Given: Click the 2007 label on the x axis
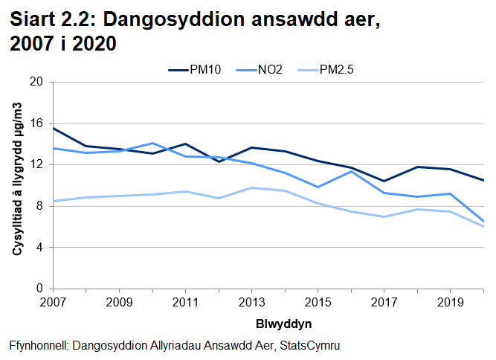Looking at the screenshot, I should pyautogui.click(x=53, y=303).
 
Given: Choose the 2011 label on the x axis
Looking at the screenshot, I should pyautogui.click(x=184, y=303).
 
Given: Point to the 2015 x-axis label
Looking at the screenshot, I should pyautogui.click(x=318, y=303).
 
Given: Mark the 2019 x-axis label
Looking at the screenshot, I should pyautogui.click(x=450, y=303).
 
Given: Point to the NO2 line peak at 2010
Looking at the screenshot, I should pyautogui.click(x=152, y=143).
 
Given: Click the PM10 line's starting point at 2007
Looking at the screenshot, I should pyautogui.click(x=53, y=128).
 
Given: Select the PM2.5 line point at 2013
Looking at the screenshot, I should pyautogui.click(x=251, y=187).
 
